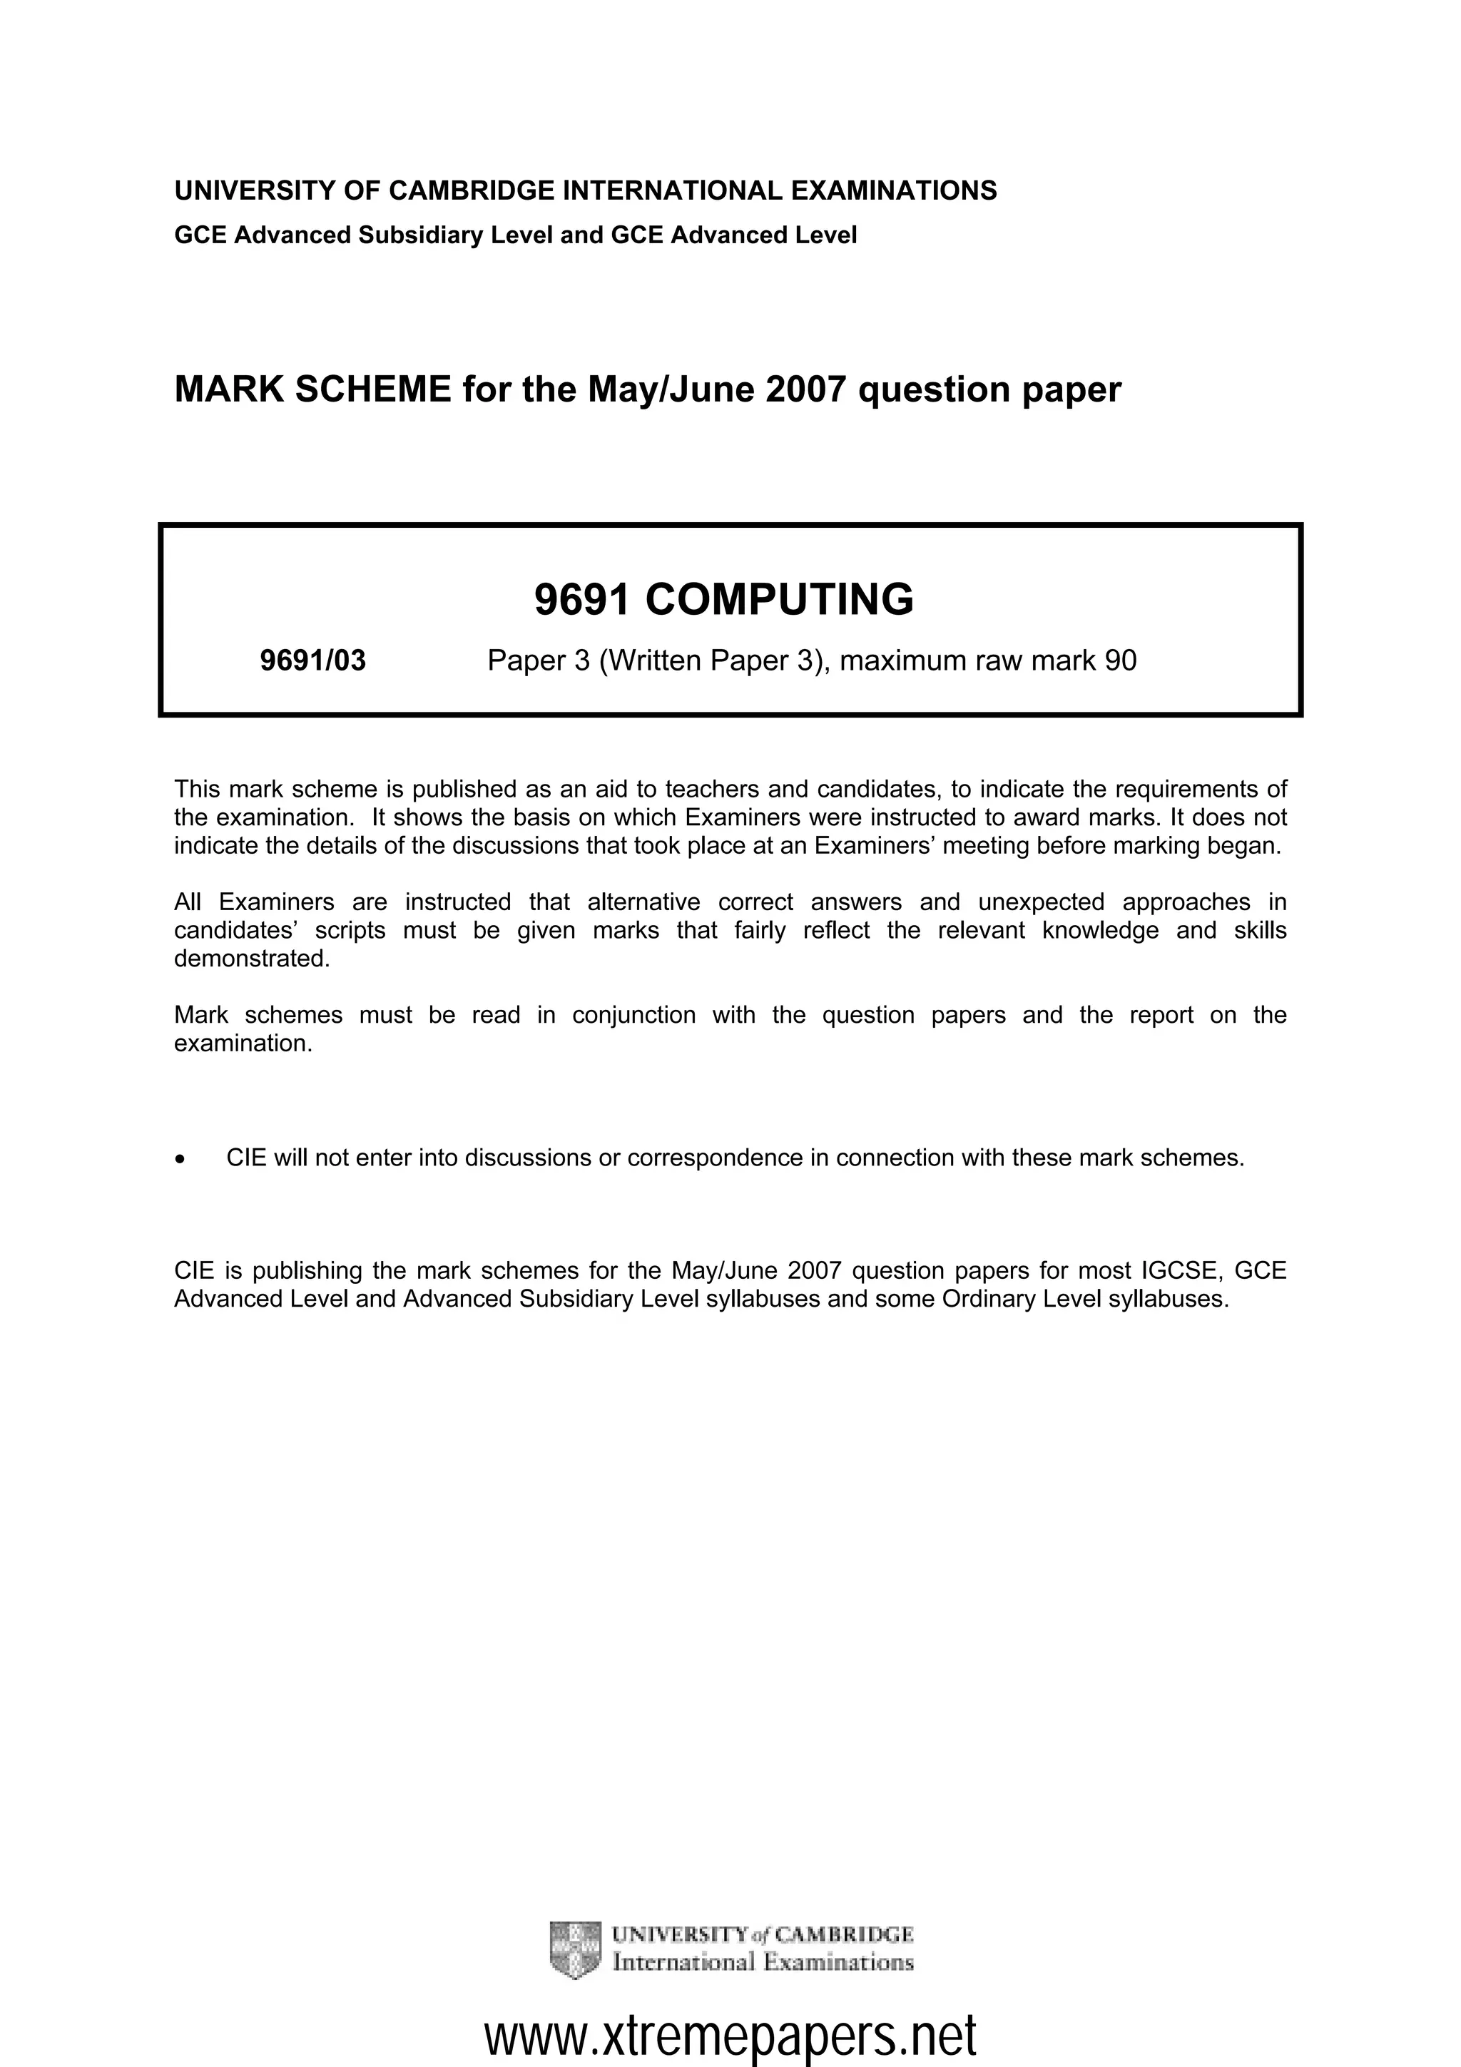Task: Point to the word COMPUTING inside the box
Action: pos(779,600)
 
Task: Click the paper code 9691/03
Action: pos(312,660)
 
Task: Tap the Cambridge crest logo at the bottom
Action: pos(574,1950)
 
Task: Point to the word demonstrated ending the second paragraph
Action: pos(251,958)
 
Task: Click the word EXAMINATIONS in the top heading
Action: pos(894,191)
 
